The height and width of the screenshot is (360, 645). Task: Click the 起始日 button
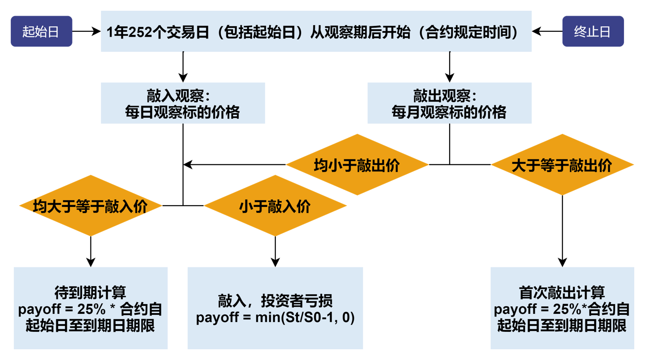[41, 32]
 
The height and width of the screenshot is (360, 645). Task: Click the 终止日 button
[593, 32]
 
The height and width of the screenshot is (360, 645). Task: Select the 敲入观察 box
[183, 103]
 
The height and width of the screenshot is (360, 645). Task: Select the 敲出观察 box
[449, 103]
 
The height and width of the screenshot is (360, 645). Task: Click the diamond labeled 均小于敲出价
[357, 165]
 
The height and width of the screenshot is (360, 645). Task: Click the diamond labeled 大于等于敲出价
[562, 165]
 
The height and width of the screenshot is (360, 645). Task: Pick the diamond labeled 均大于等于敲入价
[90, 206]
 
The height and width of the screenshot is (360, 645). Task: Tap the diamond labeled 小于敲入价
[275, 206]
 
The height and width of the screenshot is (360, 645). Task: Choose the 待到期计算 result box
[90, 308]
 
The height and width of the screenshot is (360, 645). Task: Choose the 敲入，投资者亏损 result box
[275, 308]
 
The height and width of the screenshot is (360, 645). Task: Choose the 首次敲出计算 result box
[562, 308]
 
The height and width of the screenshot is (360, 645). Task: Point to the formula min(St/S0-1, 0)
[305, 318]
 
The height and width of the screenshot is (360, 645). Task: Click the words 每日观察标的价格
[183, 112]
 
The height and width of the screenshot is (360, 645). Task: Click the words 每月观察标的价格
[449, 112]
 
